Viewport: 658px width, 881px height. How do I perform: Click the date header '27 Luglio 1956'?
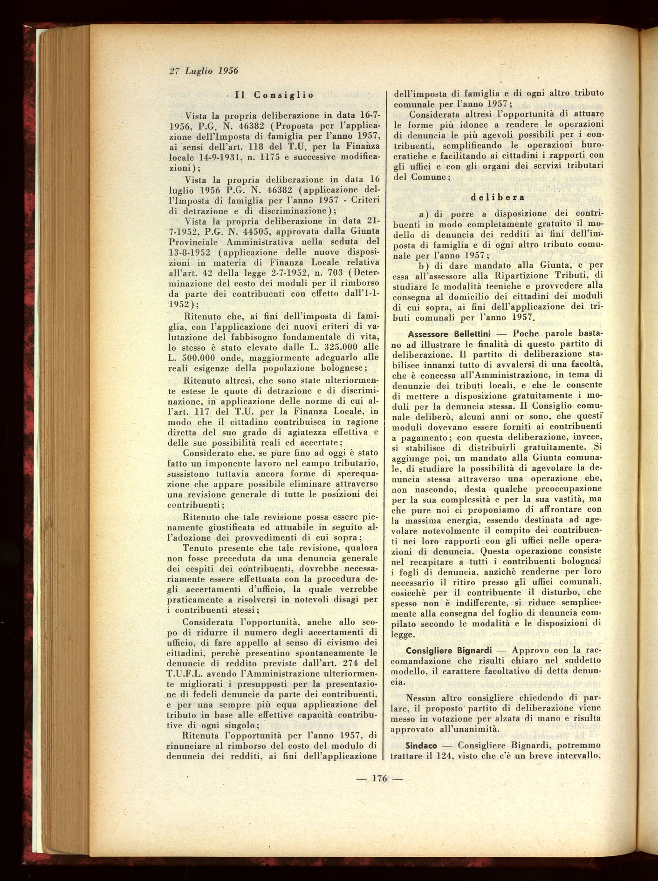(204, 71)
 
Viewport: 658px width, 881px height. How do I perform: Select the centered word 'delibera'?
(498, 197)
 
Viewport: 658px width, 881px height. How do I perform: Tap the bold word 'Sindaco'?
(421, 745)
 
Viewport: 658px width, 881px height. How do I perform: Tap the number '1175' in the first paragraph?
(267, 157)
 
